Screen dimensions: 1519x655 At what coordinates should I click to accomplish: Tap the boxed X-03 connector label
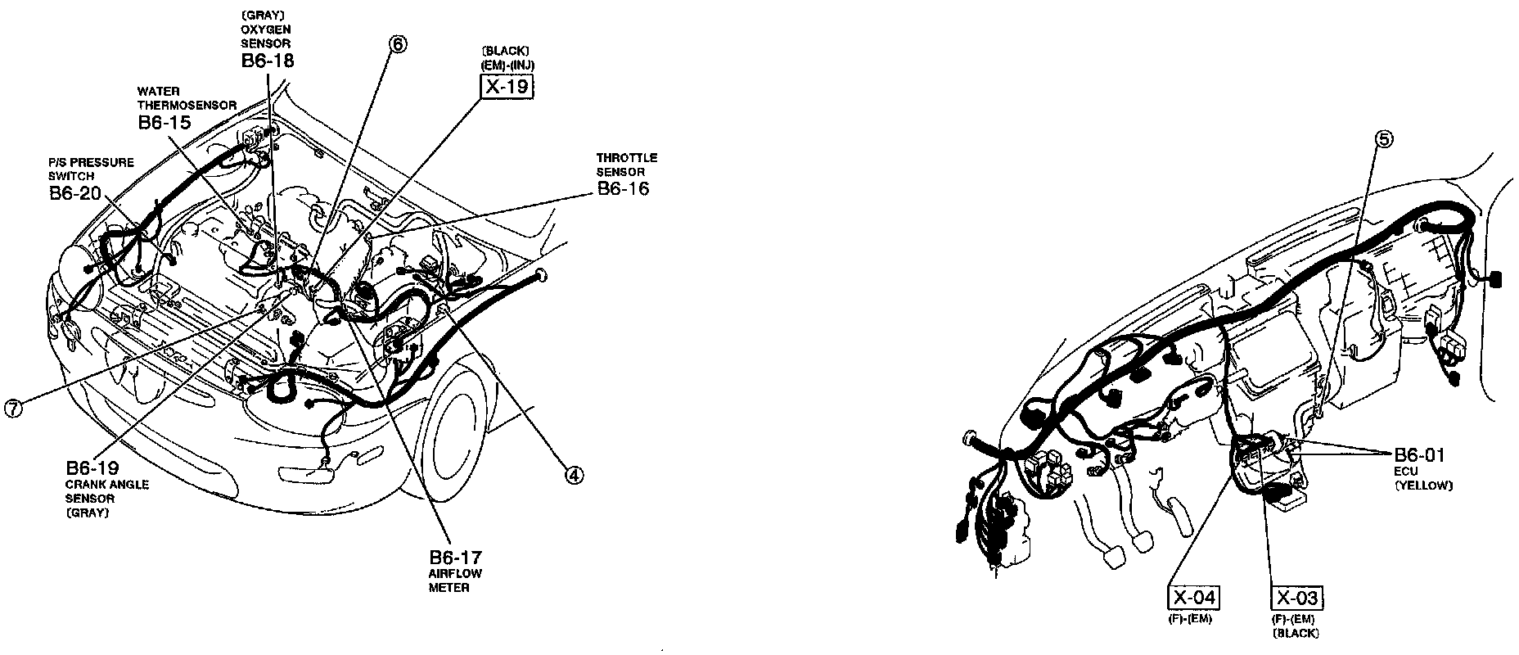[1297, 597]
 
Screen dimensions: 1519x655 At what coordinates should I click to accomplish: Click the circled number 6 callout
[397, 44]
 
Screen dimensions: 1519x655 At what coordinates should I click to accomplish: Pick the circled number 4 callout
[575, 475]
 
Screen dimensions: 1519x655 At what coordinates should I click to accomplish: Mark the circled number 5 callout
[1383, 139]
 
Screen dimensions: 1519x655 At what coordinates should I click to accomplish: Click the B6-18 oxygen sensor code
[268, 60]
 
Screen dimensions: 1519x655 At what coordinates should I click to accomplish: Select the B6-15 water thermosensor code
[164, 123]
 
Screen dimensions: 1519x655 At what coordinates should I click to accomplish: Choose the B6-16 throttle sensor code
[624, 189]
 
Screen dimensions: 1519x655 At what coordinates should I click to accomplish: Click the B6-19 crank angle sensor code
[92, 468]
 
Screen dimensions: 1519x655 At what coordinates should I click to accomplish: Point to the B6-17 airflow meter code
[455, 557]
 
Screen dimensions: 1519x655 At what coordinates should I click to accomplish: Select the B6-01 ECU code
[1420, 455]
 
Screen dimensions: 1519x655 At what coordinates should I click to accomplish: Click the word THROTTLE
[626, 157]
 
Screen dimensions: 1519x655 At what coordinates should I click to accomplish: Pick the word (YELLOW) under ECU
[1423, 486]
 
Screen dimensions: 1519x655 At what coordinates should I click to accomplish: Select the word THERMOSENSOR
[187, 106]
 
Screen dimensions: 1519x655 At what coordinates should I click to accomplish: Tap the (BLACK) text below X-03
[1296, 633]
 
